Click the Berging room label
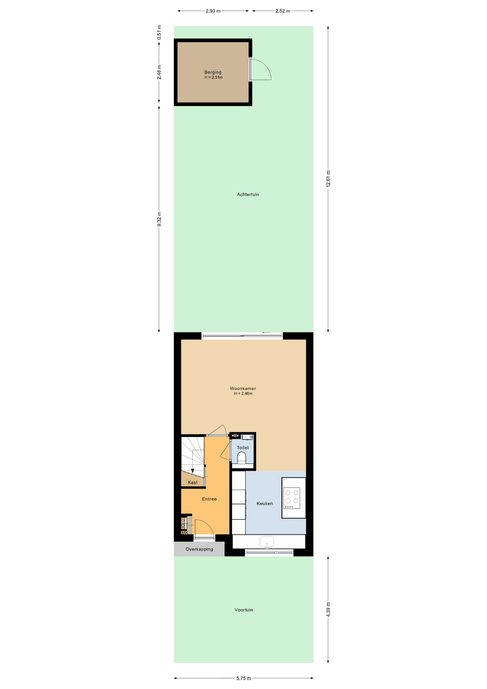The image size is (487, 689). [213, 72]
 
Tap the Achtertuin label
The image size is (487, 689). [248, 194]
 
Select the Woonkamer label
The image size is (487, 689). [243, 388]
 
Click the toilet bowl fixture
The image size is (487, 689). [242, 458]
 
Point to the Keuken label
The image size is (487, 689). [265, 503]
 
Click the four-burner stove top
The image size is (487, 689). [292, 498]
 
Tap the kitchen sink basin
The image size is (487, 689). [266, 542]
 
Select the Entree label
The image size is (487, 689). [209, 499]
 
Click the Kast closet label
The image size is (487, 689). [193, 482]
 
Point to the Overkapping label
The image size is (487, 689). [199, 549]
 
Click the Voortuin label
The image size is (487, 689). [244, 610]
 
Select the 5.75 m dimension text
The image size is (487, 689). [243, 678]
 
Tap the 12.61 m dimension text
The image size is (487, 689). [328, 179]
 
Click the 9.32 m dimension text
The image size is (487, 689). [159, 219]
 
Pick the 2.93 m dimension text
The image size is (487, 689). [213, 11]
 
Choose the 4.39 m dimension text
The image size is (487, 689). [328, 610]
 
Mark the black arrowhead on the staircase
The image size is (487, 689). [193, 471]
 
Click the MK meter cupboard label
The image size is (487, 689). [185, 533]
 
